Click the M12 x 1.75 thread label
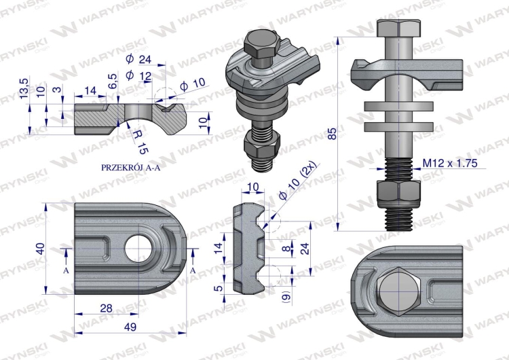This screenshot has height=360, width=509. tap(449, 163)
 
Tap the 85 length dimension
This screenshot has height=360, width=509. tap(332, 133)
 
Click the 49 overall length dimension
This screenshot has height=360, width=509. tap(130, 327)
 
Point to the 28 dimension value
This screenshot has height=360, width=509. tap(107, 308)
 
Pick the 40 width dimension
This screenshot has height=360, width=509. tap(39, 249)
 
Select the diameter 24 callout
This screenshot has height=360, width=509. tap(140, 59)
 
